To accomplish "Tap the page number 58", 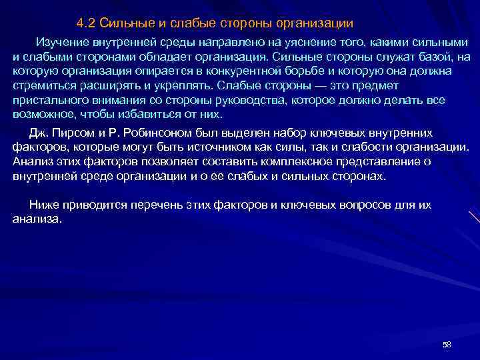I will click(447, 344).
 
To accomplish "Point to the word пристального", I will click(47, 100).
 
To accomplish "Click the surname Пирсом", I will click(76, 132).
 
